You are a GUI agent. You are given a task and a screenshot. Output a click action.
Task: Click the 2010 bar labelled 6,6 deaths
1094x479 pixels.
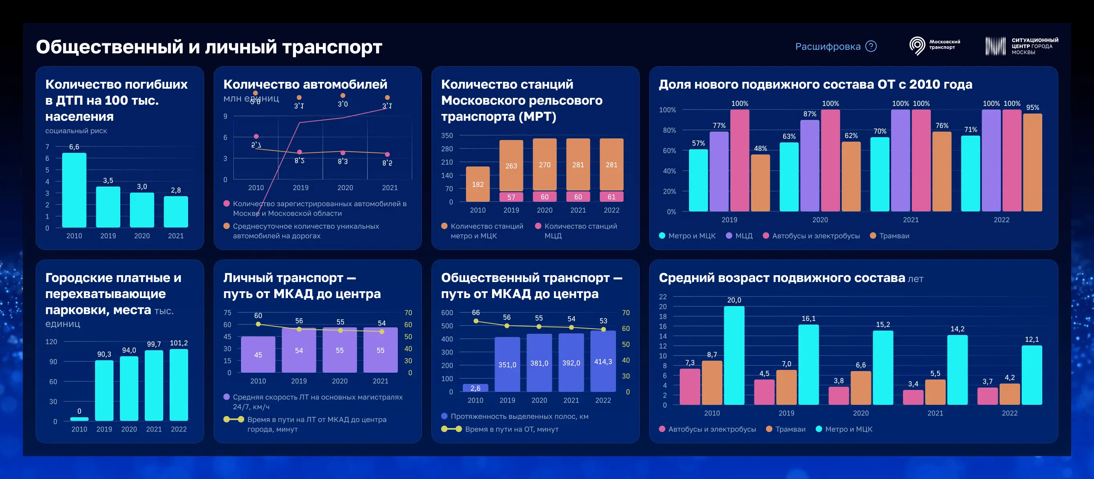tap(74, 190)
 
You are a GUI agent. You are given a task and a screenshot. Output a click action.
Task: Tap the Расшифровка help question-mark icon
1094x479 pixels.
tap(871, 46)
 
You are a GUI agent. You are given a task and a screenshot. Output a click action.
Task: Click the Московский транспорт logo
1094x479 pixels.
tap(934, 45)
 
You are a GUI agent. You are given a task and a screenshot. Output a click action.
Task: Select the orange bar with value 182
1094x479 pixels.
tap(477, 184)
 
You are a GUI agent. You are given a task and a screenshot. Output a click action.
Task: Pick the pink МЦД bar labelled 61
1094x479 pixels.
tap(611, 197)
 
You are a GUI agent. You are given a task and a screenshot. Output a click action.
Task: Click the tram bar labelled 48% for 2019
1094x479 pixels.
tap(760, 183)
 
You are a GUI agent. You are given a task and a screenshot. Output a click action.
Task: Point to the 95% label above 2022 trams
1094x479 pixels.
tap(1032, 108)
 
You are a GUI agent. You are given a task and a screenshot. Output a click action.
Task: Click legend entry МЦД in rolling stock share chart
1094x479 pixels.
tap(739, 236)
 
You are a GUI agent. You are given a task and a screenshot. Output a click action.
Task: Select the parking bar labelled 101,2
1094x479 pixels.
tap(179, 385)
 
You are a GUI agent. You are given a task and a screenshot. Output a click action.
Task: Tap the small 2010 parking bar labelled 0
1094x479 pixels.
tap(79, 419)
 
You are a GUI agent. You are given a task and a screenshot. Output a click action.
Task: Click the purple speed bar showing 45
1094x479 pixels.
tap(258, 355)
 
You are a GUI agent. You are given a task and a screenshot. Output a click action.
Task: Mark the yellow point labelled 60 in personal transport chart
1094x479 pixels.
tap(258, 324)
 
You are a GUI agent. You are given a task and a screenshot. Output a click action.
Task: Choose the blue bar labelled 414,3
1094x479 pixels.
tap(603, 361)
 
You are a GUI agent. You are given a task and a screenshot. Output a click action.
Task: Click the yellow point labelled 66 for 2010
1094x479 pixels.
tap(476, 321)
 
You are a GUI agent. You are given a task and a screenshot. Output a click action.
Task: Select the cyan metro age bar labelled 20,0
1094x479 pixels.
tap(734, 355)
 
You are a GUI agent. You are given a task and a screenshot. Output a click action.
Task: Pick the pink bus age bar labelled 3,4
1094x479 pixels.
tap(913, 397)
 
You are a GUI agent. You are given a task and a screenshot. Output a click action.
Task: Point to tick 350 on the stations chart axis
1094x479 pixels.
tap(447, 136)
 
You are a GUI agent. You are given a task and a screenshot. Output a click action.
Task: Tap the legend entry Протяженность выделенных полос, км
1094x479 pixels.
tap(515, 416)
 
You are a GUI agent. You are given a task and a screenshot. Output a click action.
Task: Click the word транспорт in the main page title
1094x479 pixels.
tap(332, 47)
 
